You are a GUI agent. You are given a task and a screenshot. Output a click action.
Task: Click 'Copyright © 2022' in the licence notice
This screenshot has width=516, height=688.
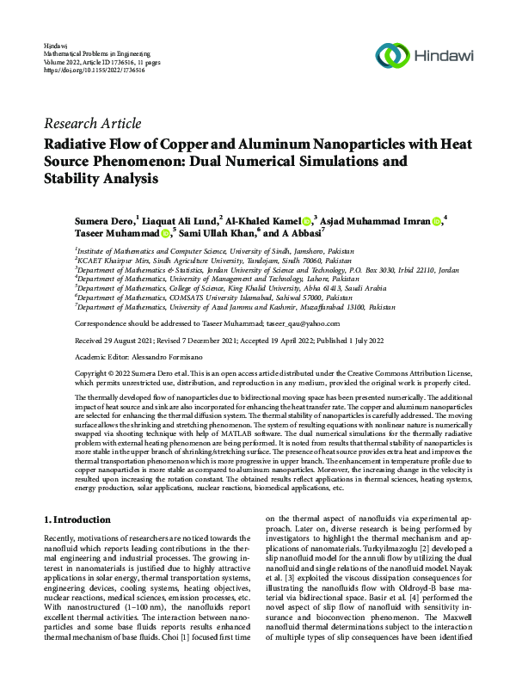(101, 375)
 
